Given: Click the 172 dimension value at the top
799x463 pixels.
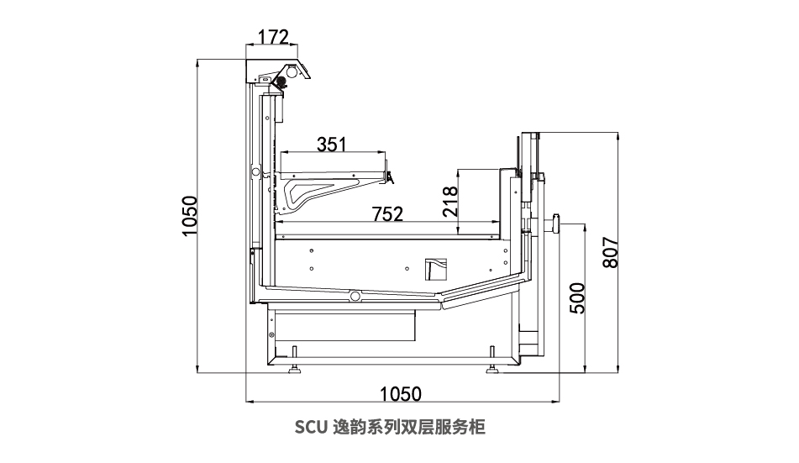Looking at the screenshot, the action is click(273, 37).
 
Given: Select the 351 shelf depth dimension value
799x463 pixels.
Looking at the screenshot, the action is click(331, 145).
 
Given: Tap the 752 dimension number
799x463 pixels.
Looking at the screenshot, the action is click(387, 213).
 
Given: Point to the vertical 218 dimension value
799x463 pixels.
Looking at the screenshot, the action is click(449, 202).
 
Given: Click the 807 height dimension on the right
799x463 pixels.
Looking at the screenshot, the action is click(610, 252).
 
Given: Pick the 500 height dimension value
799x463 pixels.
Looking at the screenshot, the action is click(577, 297).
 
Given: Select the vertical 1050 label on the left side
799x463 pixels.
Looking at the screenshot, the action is click(189, 216).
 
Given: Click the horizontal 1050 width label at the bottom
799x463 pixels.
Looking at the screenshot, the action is click(401, 393).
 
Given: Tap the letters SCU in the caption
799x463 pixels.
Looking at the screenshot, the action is click(311, 427).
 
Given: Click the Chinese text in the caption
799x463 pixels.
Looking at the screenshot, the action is click(408, 427).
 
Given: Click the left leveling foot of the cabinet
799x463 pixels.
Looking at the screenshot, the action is click(294, 361).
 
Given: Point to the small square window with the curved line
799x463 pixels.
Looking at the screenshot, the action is click(436, 269).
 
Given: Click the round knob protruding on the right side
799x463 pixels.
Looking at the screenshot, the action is click(555, 224).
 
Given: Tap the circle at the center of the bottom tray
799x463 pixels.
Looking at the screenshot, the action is click(355, 297).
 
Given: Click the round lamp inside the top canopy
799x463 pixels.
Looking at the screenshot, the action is click(292, 72).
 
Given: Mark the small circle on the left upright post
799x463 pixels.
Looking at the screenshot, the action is click(255, 172).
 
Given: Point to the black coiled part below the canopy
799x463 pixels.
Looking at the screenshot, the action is click(280, 82).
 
